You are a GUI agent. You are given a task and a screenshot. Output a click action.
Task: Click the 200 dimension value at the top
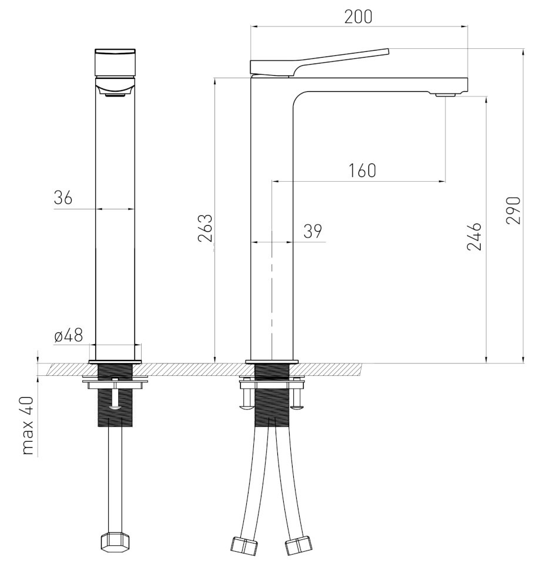coord(358,16)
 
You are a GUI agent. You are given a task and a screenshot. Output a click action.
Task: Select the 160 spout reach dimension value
coord(362,171)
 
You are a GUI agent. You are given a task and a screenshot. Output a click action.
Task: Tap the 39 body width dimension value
coord(313,231)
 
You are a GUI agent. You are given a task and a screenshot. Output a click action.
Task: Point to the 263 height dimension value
coord(205,228)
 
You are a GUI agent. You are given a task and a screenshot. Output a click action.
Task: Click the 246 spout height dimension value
coord(474,236)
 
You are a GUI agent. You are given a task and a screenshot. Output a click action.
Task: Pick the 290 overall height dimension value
coord(513,211)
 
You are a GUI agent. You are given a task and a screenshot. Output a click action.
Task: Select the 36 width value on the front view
coord(63,198)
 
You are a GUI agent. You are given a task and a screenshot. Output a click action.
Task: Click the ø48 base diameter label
coord(69,335)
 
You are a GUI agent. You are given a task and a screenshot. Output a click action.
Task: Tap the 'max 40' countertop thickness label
coord(28,426)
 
